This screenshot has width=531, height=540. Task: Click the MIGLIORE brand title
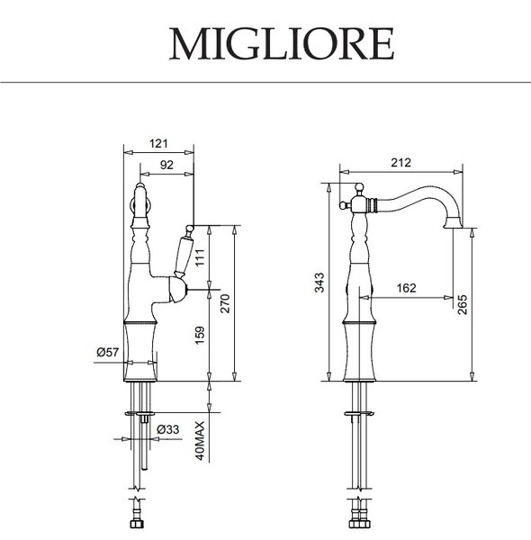(x=282, y=44)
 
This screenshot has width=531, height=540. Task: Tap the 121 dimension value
(x=158, y=143)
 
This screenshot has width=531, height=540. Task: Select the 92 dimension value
(x=166, y=165)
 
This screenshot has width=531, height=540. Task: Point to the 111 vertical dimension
(x=200, y=257)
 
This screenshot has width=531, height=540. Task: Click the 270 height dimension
(x=225, y=303)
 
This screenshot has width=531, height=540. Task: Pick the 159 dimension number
(x=200, y=336)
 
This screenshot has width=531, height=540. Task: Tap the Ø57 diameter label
(x=108, y=352)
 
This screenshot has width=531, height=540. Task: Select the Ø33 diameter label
(x=168, y=429)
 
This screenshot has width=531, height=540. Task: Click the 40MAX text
(x=200, y=441)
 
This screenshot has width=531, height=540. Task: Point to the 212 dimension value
(x=400, y=162)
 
